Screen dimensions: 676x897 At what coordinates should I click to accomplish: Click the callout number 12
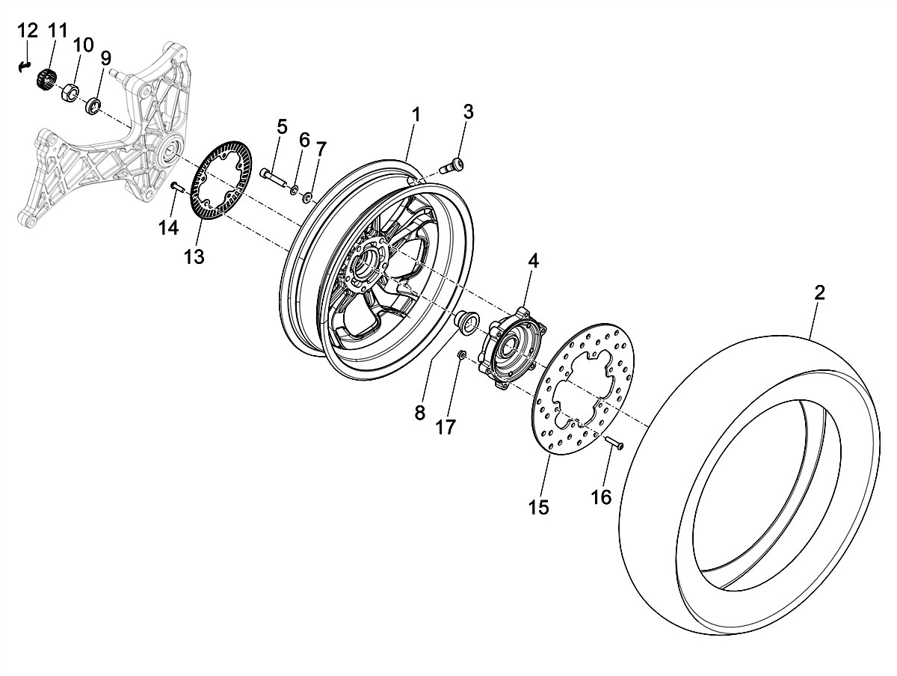pos(27,31)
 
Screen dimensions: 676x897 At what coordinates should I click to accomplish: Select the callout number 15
pos(538,508)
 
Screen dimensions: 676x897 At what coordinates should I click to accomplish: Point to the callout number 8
pos(419,411)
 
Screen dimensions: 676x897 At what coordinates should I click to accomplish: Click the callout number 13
pos(194,256)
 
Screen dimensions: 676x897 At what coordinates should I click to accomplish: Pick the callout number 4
pos(532,261)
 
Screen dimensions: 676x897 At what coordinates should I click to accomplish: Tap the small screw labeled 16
pos(615,443)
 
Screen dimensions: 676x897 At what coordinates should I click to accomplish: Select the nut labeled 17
pos(462,354)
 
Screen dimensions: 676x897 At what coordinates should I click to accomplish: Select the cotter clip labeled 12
pos(25,66)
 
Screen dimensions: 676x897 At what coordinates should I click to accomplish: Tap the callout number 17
pos(446,428)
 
